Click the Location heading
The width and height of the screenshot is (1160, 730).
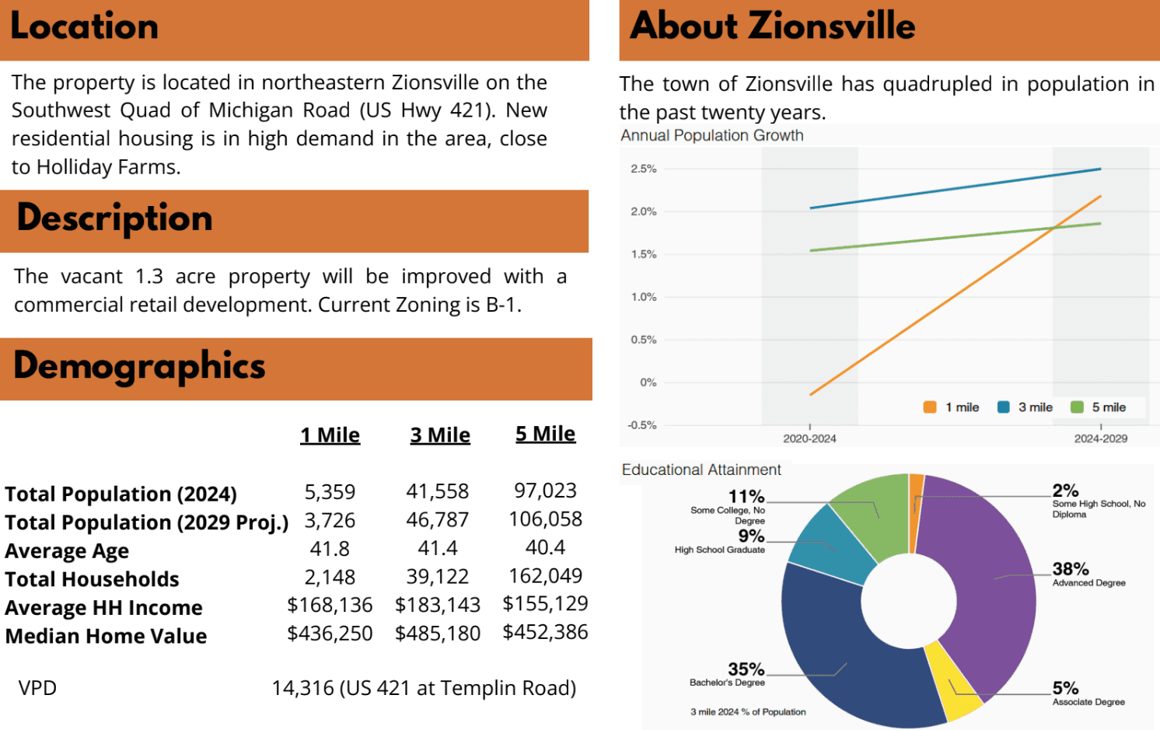click(84, 26)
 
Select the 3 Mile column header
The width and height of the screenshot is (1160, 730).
click(440, 435)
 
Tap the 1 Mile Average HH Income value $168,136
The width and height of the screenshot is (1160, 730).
click(330, 605)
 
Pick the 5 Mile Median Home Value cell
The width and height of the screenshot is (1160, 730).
click(545, 632)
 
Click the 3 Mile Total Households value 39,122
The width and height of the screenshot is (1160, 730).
click(438, 577)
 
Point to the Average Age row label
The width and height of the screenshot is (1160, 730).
click(67, 551)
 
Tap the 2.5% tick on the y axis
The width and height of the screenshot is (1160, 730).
click(644, 169)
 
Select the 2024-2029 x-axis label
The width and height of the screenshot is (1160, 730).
click(1100, 438)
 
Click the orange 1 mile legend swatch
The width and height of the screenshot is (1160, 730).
click(930, 407)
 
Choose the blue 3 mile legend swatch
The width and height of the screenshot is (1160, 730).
click(1003, 407)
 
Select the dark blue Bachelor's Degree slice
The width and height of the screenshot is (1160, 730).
click(840, 653)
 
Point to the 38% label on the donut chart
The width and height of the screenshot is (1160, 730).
click(1071, 569)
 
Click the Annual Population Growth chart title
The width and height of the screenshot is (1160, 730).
click(711, 135)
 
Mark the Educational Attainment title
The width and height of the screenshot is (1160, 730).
click(701, 470)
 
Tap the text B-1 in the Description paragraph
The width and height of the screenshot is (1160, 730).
click(501, 305)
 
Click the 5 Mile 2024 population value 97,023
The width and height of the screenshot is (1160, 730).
click(545, 491)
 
